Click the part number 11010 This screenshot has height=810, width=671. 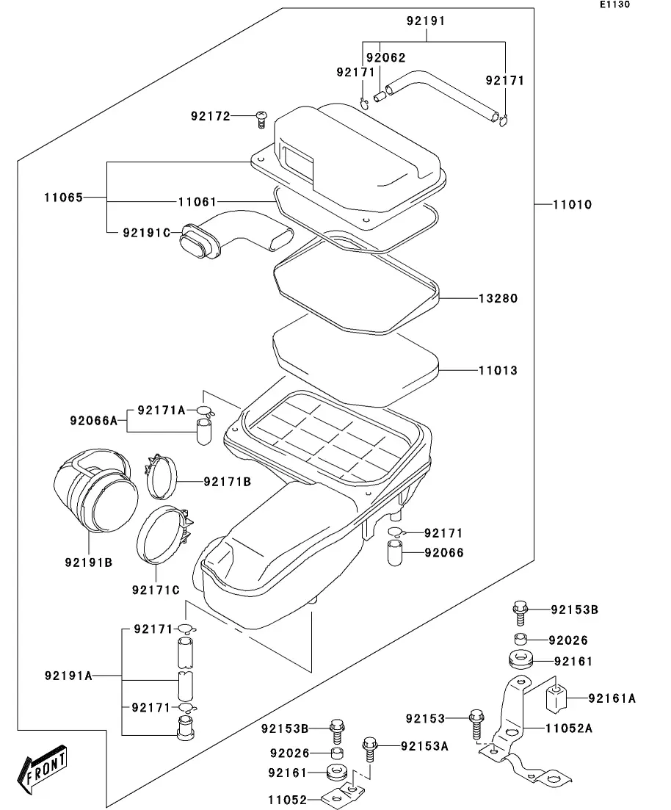[572, 204]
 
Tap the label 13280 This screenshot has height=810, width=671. [498, 299]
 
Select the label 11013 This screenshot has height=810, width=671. [498, 370]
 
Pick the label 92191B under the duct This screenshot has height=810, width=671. [89, 563]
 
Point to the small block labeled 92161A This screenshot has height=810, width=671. [558, 698]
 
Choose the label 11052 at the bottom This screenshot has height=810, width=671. [288, 799]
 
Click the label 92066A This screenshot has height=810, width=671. [94, 420]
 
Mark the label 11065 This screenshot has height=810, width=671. [63, 197]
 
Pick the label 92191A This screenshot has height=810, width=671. [68, 676]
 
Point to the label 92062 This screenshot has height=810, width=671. [386, 57]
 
